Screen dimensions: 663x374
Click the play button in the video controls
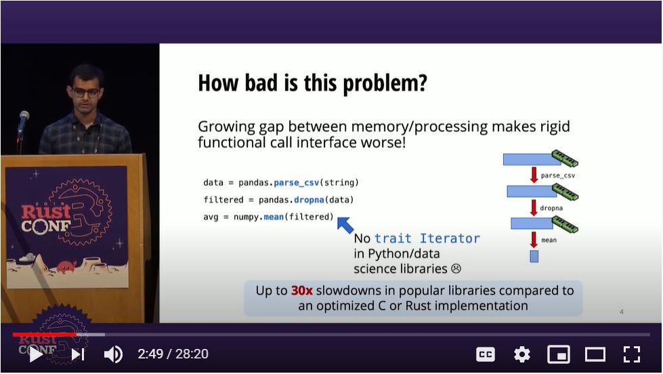pos(36,354)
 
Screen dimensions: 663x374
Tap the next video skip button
pos(78,354)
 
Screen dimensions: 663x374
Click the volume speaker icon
pos(113,354)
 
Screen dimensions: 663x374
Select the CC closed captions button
pos(485,354)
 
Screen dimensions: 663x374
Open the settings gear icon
pos(521,354)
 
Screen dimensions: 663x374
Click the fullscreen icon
pos(632,354)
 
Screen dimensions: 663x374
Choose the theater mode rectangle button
pos(595,354)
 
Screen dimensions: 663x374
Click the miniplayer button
pos(559,354)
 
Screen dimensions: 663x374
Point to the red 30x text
pos(302,291)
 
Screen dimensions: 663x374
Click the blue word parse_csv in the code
pos(297,183)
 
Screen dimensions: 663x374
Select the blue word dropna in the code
pos(309,200)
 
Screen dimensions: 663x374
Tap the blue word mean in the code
pos(274,217)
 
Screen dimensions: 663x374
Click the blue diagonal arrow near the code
pos(345,225)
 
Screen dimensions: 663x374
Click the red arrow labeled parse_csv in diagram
pos(534,174)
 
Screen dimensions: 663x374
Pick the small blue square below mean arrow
pos(534,256)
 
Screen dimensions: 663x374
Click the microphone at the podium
pos(23,122)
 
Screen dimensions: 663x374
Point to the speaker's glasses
pos(86,92)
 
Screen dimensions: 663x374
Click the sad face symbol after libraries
pos(456,269)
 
